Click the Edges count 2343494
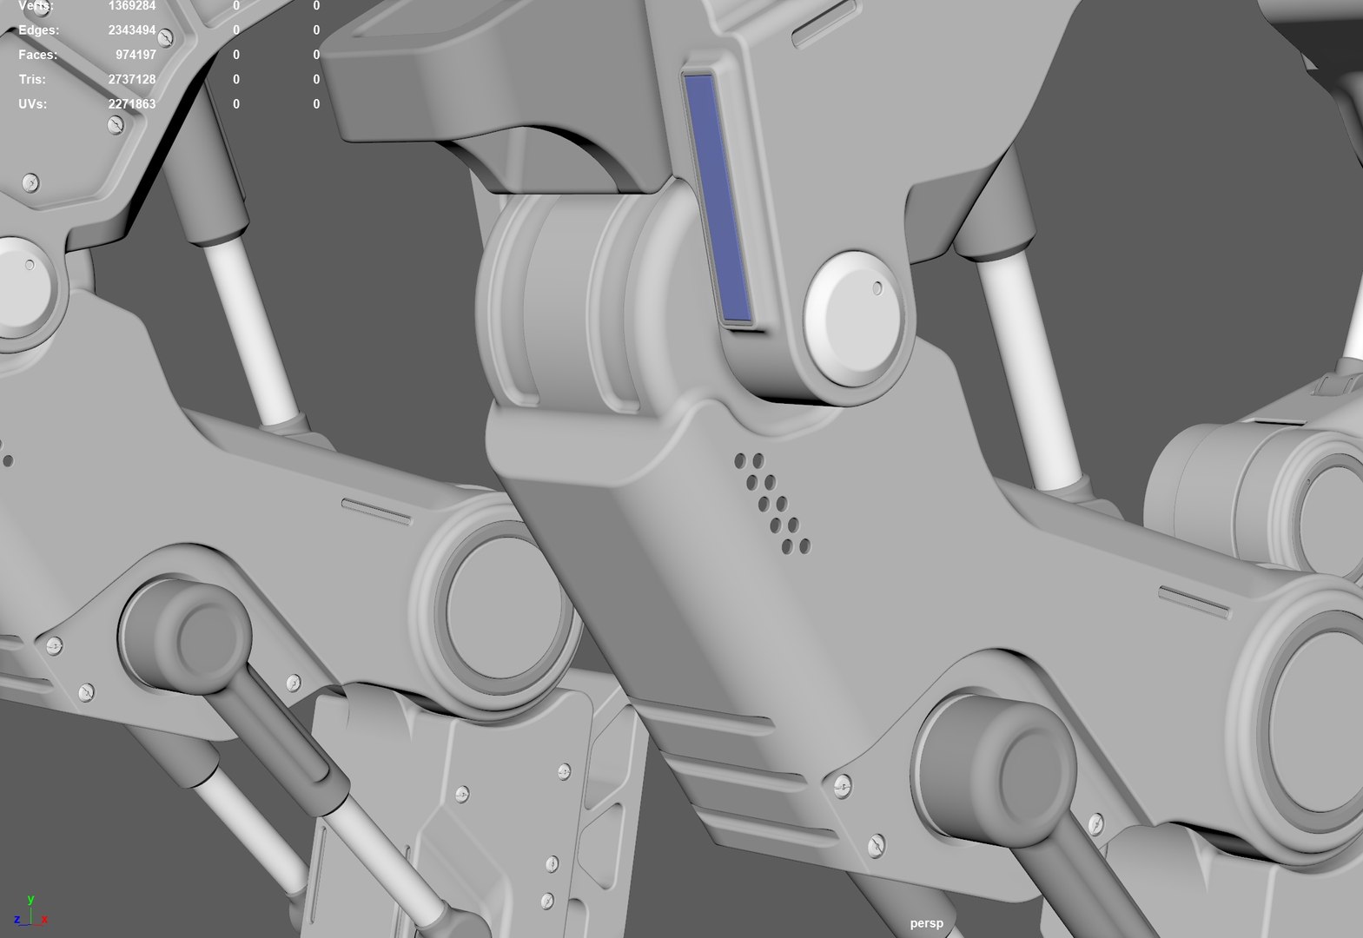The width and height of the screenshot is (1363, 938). coord(132,30)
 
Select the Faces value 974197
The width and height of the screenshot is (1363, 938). coord(136,55)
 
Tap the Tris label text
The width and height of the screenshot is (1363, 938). coord(32,79)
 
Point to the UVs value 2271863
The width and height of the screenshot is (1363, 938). coord(132,104)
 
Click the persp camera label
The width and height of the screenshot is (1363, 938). coord(926,923)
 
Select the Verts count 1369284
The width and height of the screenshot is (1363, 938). coord(132,6)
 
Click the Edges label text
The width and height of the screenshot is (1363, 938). coord(39,30)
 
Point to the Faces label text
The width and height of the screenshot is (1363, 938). coord(38,55)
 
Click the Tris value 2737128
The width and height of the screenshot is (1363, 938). coord(132,79)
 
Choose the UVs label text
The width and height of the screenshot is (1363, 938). coord(33,104)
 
